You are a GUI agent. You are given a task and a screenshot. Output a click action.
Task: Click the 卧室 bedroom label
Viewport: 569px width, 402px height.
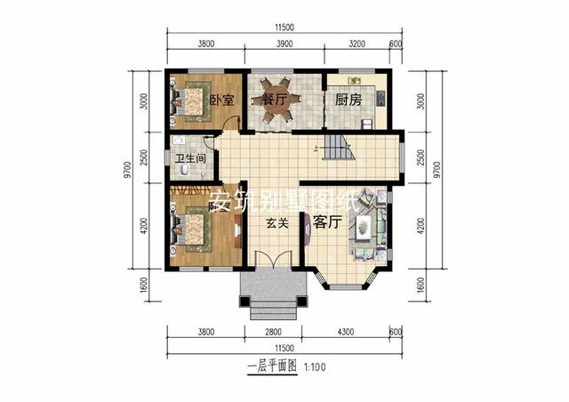[221, 100]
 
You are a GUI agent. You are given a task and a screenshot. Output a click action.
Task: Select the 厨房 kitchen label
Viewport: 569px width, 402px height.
[349, 100]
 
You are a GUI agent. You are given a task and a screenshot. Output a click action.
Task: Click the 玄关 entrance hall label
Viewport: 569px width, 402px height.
[276, 224]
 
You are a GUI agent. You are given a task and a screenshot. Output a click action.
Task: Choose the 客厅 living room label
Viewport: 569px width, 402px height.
[328, 224]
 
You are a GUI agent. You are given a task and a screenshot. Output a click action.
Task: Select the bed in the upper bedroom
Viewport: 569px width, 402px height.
[191, 100]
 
